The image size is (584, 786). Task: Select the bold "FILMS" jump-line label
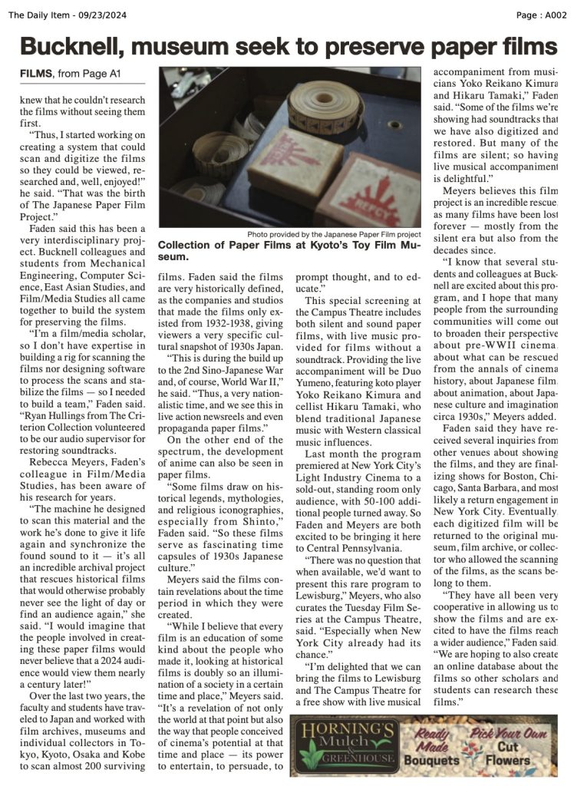coord(36,74)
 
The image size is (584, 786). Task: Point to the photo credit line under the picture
coord(334,234)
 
